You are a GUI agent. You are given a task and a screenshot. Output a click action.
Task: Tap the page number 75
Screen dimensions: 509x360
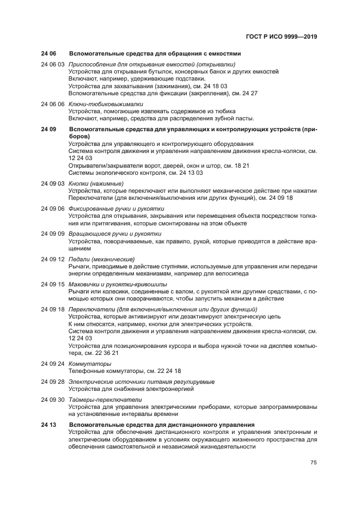click(x=314, y=463)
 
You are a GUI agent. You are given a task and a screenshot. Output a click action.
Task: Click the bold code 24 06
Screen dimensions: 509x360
click(x=48, y=53)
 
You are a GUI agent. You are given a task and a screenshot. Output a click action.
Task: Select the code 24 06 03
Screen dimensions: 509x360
click(x=53, y=64)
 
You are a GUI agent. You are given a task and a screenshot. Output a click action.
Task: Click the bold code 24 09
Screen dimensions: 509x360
click(x=48, y=130)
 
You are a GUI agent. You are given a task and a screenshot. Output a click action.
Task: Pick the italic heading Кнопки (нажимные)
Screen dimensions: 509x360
click(x=96, y=183)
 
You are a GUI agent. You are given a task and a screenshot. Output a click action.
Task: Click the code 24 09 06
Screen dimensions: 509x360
click(x=53, y=208)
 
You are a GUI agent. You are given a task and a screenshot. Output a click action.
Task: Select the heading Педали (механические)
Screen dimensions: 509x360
click(x=101, y=259)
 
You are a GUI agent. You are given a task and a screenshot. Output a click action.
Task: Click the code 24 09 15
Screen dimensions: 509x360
click(x=53, y=284)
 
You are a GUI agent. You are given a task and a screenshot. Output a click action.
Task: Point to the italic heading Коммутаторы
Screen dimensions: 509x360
click(x=87, y=363)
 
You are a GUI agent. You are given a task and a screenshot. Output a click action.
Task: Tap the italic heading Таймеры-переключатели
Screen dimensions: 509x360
click(x=105, y=400)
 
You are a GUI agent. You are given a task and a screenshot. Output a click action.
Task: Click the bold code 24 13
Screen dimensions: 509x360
click(x=48, y=424)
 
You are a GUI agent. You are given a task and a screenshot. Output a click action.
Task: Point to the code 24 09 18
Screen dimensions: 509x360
click(x=53, y=309)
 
